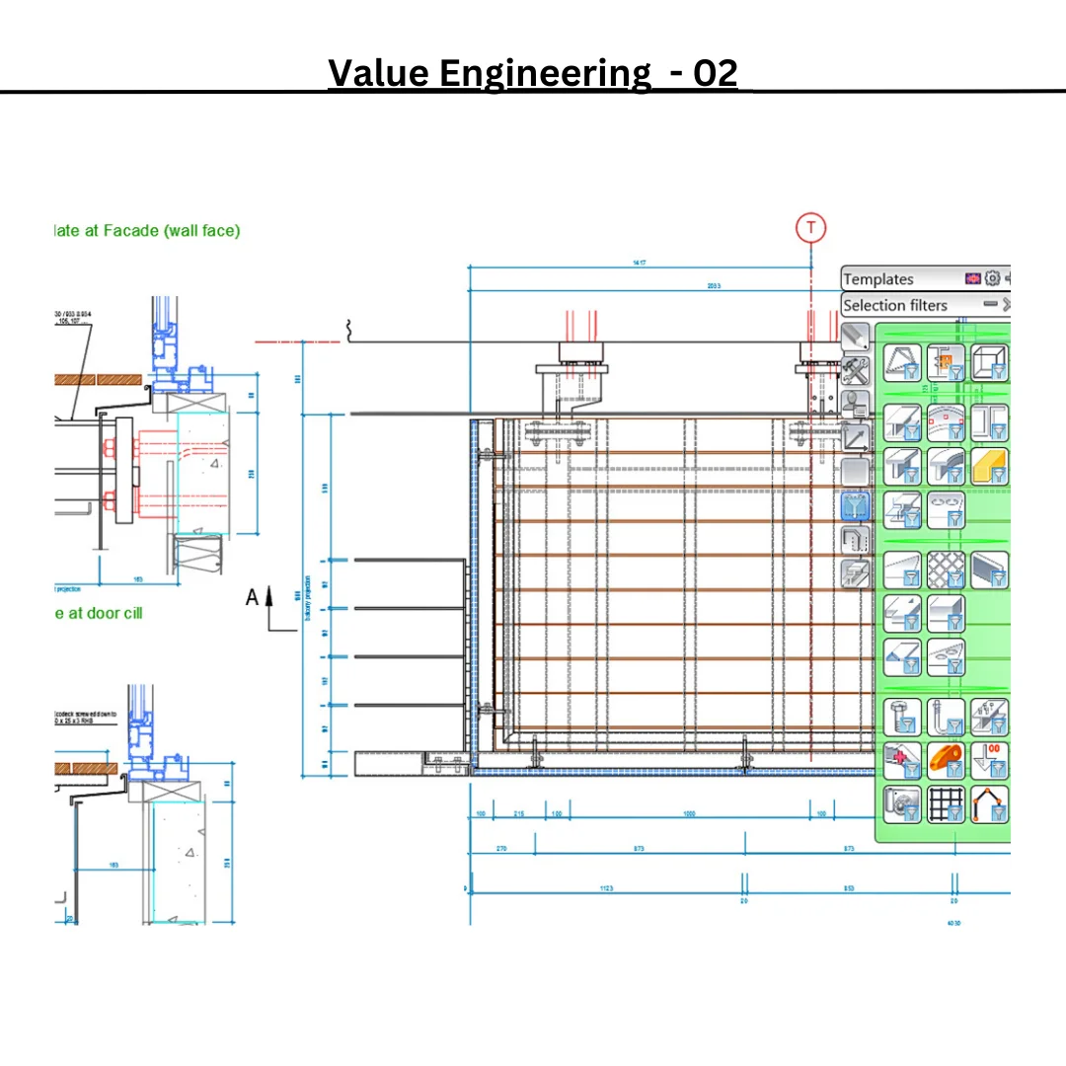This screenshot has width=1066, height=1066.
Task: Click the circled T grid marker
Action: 811,228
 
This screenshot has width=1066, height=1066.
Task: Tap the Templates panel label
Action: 878,279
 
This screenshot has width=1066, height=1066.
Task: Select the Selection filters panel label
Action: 895,305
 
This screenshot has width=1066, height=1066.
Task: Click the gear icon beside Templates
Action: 993,279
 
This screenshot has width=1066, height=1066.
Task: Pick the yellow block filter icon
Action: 990,466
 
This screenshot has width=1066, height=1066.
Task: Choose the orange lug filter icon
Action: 945,761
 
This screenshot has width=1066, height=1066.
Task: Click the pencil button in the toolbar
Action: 855,338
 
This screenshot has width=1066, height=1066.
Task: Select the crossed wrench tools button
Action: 855,371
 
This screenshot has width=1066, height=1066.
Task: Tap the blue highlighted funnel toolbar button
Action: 855,506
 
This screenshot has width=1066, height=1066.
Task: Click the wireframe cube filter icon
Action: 990,362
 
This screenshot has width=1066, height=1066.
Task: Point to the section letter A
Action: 252,596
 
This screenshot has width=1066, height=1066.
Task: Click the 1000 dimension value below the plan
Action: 689,814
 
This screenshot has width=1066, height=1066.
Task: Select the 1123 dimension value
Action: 605,889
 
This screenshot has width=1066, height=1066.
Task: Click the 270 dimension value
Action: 500,849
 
